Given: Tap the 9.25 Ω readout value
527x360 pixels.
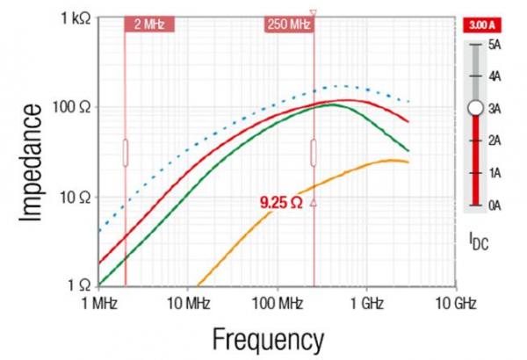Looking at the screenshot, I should point(280,203).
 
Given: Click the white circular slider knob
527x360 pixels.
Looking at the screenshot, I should point(475,107).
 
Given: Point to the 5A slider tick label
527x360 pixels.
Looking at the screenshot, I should point(497,44).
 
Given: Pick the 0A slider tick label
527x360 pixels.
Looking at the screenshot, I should point(497,205).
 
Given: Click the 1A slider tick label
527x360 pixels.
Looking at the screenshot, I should point(497,173).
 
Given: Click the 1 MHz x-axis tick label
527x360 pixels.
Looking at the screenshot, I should point(97,304).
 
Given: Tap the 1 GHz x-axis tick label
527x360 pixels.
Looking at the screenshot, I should point(365,304).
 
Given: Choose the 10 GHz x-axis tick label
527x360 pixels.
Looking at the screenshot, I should point(455,304).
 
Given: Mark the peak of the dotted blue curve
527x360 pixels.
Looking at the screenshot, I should point(336,86).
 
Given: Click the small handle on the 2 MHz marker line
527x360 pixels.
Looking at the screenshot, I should point(126,152).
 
